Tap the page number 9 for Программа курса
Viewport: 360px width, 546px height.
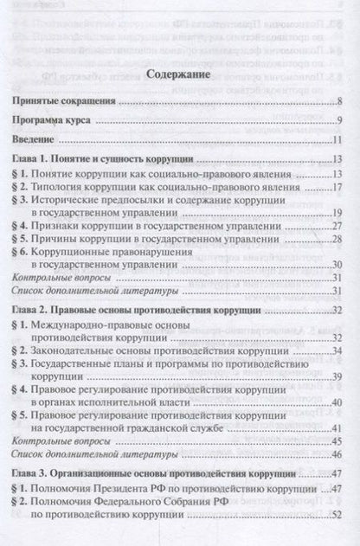(x=342, y=120)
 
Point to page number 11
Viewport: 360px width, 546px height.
(x=340, y=141)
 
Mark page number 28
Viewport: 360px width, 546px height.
(x=340, y=237)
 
